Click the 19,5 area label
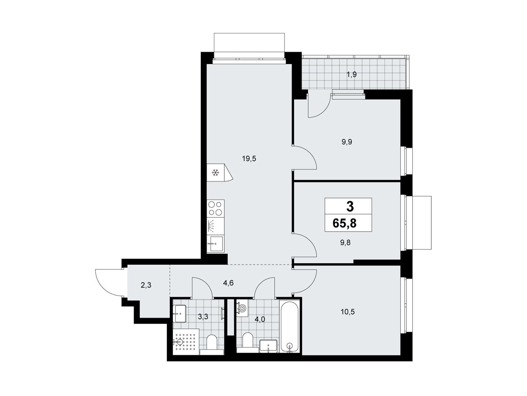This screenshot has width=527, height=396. coord(249,159)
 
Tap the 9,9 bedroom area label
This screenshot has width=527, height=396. coord(347,142)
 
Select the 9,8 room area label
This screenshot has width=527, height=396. coord(345,243)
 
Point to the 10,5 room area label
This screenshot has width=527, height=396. coord(347,312)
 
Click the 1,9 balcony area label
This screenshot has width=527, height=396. coord(351,75)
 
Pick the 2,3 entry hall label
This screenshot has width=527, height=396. coord(146,285)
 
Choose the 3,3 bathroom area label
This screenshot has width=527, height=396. coord(203,317)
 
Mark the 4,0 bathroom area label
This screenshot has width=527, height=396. coord(260,319)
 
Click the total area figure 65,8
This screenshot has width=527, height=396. coord(345,223)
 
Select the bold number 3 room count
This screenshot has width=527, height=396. coord(350,207)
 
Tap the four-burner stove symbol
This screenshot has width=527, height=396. coord(215,208)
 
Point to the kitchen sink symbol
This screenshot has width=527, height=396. coord(215,244)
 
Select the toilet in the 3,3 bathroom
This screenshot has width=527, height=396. coord(212,345)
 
